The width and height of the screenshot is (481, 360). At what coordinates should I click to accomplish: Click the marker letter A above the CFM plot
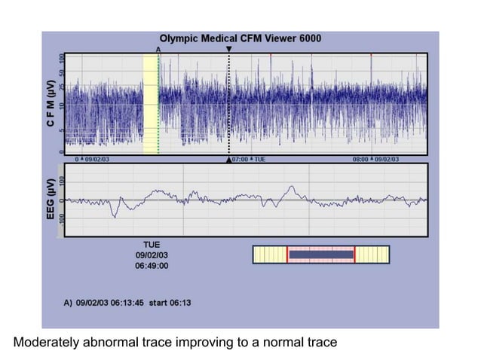[158, 48]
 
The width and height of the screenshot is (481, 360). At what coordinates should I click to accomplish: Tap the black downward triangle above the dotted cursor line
[229, 48]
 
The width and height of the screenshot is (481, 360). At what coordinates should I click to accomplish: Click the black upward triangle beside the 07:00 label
[229, 160]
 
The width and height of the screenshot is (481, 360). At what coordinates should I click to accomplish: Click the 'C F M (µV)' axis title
[49, 103]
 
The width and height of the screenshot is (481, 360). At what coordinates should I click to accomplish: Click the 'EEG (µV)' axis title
[49, 200]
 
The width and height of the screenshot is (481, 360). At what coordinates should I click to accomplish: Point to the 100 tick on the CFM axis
[62, 59]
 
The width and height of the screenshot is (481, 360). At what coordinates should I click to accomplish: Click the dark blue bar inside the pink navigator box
[321, 255]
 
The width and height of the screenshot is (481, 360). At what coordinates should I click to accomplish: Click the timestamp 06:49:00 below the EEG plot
[152, 266]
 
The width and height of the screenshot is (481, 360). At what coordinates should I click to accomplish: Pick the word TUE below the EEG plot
[152, 245]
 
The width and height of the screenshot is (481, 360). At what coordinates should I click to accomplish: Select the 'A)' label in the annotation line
[68, 303]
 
